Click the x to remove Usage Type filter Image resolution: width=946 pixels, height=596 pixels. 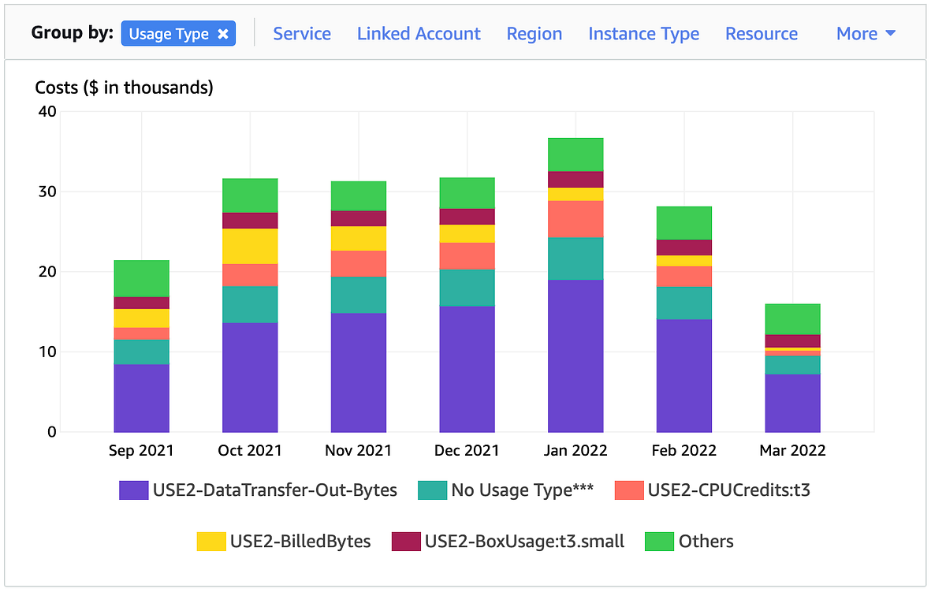[223, 34]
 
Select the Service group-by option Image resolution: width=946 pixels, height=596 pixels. [302, 34]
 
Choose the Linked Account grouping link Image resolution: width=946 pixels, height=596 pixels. [419, 34]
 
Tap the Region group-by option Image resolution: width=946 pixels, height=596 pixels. [534, 34]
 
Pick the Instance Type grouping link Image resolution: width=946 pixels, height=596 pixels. [643, 34]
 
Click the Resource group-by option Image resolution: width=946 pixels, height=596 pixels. [762, 34]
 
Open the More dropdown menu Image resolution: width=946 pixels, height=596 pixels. [866, 34]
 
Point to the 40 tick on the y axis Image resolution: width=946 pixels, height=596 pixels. [47, 111]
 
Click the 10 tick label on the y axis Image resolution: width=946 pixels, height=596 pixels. [47, 352]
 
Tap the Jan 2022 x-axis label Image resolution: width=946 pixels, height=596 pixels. [575, 451]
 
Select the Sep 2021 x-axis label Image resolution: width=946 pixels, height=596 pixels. [141, 451]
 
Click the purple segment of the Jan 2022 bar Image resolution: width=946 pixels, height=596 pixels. [575, 355]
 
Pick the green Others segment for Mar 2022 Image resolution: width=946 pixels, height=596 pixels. [792, 319]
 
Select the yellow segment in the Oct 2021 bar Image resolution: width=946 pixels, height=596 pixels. [250, 246]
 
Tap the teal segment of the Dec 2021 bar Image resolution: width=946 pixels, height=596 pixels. [467, 288]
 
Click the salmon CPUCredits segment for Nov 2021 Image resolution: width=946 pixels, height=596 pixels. [359, 263]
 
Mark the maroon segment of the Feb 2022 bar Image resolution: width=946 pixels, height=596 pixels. [683, 248]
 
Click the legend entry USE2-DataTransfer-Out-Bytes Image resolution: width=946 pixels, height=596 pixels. [259, 490]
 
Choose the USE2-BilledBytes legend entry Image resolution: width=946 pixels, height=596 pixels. [284, 542]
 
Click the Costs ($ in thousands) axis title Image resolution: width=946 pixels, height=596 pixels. [125, 88]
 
